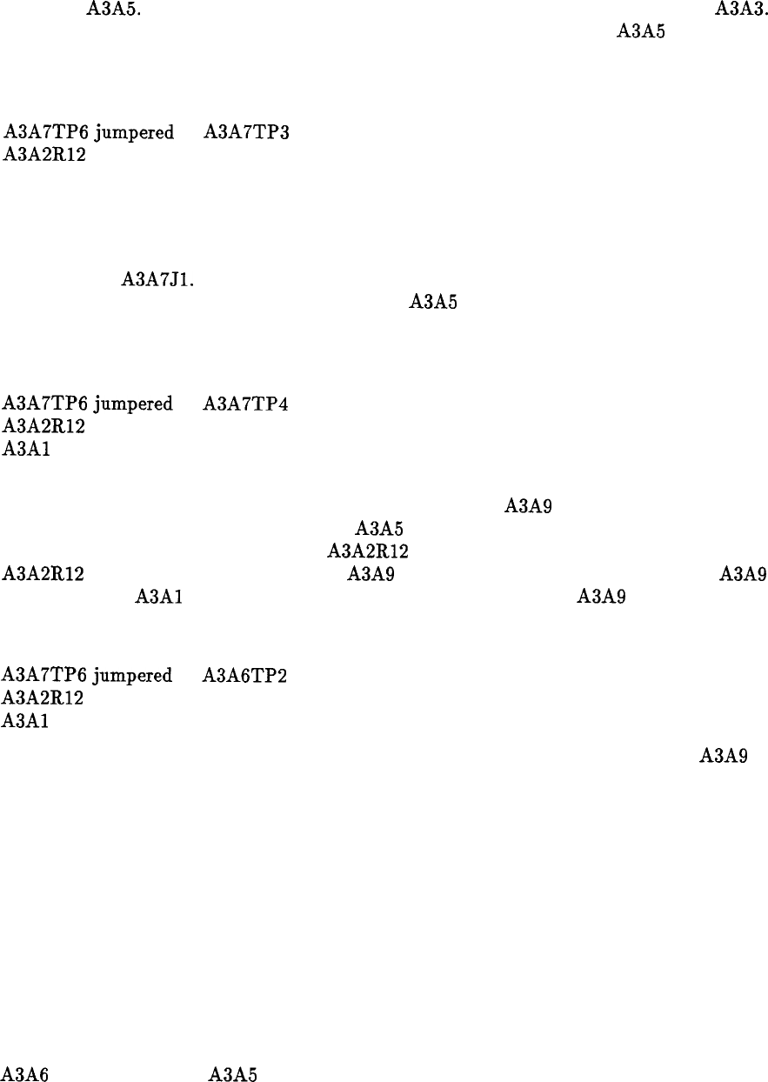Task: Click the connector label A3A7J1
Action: (157, 280)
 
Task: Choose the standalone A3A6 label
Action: (24, 1073)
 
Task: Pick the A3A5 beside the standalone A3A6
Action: (232, 1073)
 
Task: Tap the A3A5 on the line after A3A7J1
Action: (433, 303)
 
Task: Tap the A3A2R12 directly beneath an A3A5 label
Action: (368, 551)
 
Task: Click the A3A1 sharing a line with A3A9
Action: (157, 597)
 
